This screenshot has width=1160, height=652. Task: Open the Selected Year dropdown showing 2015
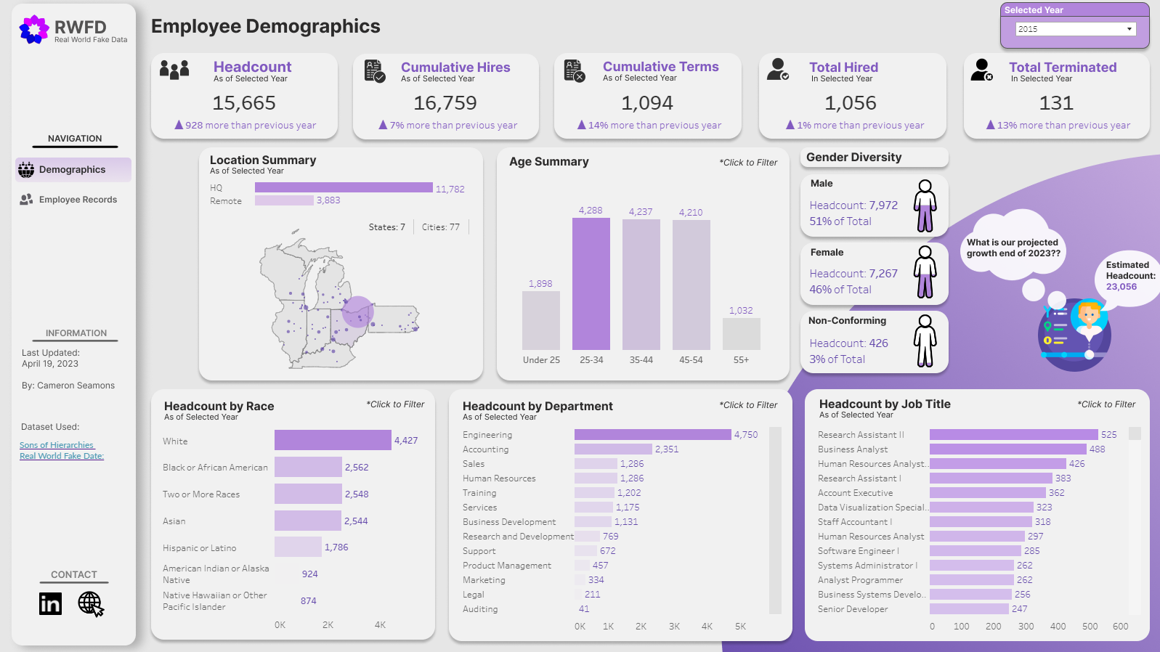[x=1075, y=29]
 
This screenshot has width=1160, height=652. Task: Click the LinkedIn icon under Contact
[x=50, y=603]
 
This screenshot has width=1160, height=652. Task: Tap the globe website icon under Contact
[x=90, y=603]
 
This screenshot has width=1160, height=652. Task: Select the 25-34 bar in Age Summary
[x=591, y=284]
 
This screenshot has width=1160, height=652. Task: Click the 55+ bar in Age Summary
[x=741, y=334]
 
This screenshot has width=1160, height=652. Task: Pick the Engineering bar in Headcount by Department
[x=652, y=435]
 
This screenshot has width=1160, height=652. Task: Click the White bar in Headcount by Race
[x=333, y=440]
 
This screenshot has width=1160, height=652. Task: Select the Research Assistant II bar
[x=1013, y=435]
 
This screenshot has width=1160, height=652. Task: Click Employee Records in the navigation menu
[x=78, y=200]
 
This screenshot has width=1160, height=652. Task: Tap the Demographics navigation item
[x=72, y=170]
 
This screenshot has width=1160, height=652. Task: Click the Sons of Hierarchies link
[x=57, y=445]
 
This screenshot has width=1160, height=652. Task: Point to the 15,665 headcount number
[x=244, y=103]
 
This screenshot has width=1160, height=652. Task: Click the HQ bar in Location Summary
[x=344, y=188]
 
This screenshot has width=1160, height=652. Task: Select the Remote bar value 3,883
[x=328, y=200]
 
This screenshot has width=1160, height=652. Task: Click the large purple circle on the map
[x=357, y=311]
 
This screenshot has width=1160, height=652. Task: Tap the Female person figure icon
[x=925, y=272]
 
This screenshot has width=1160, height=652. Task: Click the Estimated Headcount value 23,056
[x=1121, y=287]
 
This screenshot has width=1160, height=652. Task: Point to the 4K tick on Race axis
[x=380, y=625]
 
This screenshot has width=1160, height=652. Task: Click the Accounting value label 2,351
[x=666, y=449]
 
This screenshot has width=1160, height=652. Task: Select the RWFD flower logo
[x=33, y=30]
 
